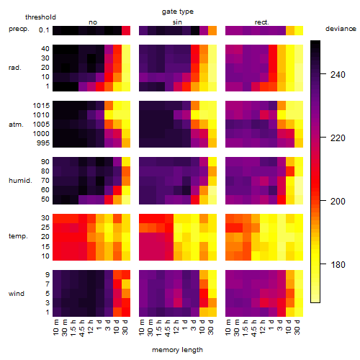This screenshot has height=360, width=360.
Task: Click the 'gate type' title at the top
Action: [178, 12]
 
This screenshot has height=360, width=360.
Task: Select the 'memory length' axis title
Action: [177, 350]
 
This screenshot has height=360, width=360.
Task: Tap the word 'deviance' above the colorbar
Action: [341, 29]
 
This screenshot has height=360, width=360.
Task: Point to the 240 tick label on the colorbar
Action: [338, 75]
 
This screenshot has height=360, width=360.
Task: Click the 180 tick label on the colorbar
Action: [338, 264]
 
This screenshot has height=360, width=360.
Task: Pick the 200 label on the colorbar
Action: [338, 201]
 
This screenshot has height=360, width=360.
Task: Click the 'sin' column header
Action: [177, 22]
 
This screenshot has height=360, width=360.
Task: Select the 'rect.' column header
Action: [261, 22]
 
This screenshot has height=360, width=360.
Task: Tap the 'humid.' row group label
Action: [20, 180]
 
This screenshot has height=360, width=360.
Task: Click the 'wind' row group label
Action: [17, 294]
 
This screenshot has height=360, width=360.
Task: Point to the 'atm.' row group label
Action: [16, 125]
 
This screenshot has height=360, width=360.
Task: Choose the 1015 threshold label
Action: [41, 105]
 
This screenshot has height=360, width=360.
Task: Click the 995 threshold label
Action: [43, 143]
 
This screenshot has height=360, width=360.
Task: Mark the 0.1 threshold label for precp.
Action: [44, 30]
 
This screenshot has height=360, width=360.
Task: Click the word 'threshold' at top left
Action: [40, 17]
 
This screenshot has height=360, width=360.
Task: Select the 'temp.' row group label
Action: [18, 236]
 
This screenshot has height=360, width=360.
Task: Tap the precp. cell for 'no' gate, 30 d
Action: [126, 30]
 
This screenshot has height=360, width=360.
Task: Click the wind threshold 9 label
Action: [48, 274]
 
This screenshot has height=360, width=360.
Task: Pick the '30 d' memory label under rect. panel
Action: [297, 327]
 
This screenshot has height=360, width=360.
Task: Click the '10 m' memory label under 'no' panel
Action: [55, 328]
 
